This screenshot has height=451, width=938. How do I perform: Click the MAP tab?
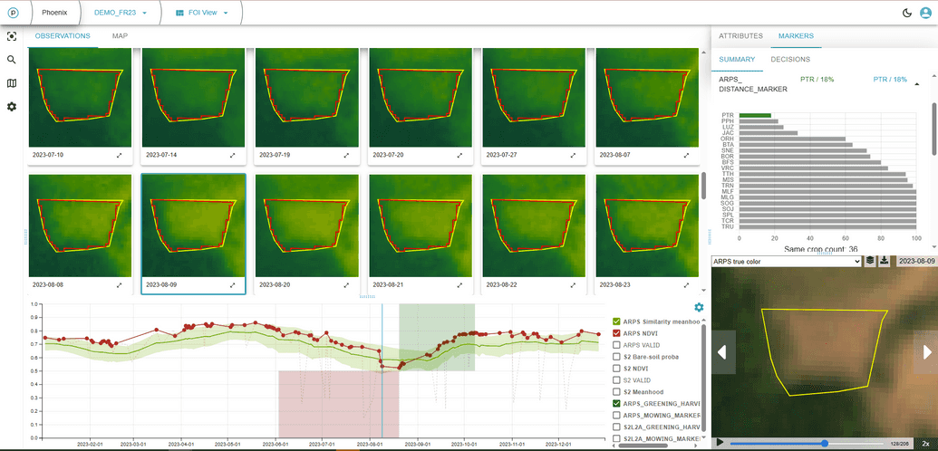pyautogui.click(x=120, y=36)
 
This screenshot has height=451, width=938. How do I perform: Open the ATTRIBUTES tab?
pyautogui.click(x=740, y=36)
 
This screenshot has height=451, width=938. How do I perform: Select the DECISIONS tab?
pyautogui.click(x=790, y=60)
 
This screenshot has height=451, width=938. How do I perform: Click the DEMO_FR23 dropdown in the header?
pyautogui.click(x=121, y=13)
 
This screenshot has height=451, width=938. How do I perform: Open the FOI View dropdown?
pyautogui.click(x=202, y=13)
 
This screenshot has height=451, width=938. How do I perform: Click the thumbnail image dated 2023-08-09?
pyautogui.click(x=193, y=224)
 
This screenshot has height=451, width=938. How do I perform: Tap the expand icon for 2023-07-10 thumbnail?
pyautogui.click(x=120, y=156)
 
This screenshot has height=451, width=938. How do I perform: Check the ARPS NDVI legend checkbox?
pyautogui.click(x=617, y=333)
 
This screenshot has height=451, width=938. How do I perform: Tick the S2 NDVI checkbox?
pyautogui.click(x=617, y=369)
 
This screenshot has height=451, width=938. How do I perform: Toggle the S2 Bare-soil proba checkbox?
pyautogui.click(x=617, y=357)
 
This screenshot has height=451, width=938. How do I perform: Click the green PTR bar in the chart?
pyautogui.click(x=755, y=115)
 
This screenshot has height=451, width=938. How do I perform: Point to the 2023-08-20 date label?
pyautogui.click(x=274, y=283)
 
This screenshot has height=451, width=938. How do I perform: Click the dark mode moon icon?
pyautogui.click(x=907, y=13)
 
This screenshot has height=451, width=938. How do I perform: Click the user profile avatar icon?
pyautogui.click(x=925, y=13)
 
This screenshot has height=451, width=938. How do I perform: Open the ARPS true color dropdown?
pyautogui.click(x=786, y=262)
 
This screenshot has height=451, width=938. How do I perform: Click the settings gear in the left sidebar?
pyautogui.click(x=12, y=107)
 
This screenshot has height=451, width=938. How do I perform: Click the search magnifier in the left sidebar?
pyautogui.click(x=12, y=60)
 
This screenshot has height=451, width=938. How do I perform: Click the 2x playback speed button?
pyautogui.click(x=925, y=444)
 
